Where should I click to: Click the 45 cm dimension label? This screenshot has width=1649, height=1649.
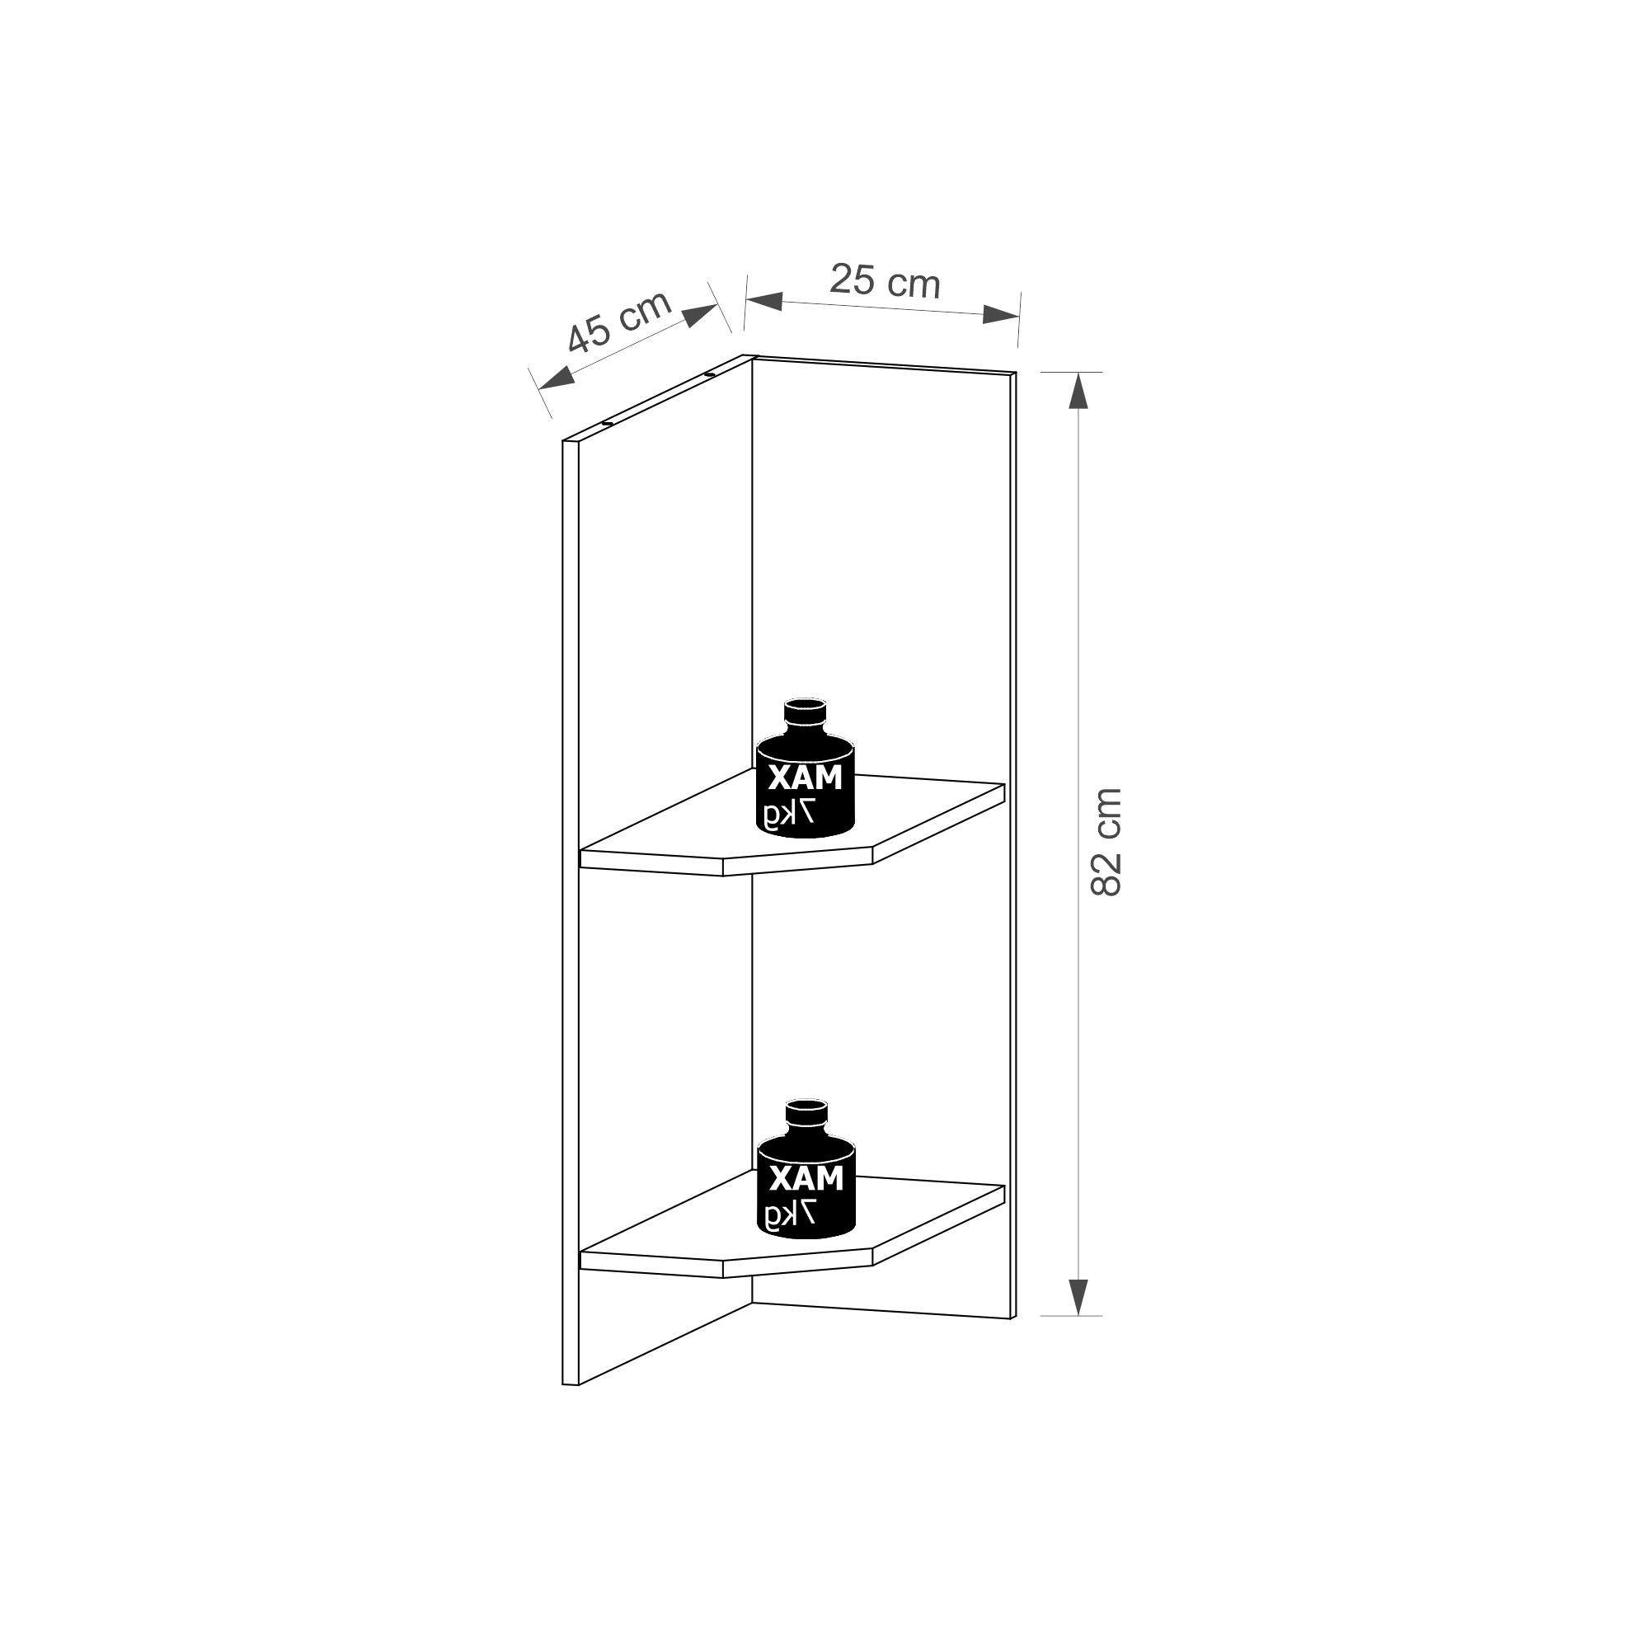click(619, 322)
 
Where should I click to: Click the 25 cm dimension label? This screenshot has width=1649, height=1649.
click(885, 281)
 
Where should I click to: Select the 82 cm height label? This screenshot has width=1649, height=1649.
click(1107, 842)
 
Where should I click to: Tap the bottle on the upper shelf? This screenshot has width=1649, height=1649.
click(806, 768)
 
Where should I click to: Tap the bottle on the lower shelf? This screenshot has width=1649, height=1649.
click(806, 1167)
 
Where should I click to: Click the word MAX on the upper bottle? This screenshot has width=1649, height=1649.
click(805, 778)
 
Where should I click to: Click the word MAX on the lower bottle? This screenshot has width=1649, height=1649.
click(805, 1179)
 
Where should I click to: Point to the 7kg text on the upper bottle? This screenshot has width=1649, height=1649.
click(790, 815)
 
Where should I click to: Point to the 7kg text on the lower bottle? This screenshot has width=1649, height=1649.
click(790, 1215)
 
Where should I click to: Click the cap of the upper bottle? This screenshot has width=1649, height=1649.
click(806, 711)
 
